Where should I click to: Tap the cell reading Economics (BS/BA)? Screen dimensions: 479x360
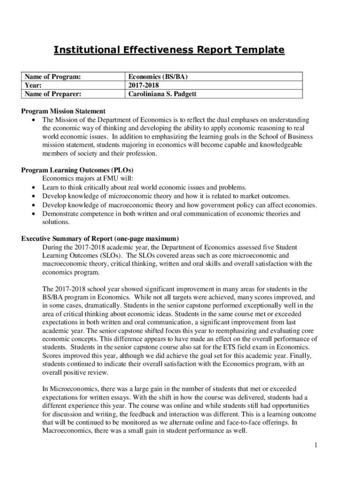coord(158,77)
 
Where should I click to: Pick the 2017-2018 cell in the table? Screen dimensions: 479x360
coord(144,85)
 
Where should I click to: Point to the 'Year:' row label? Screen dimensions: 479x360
coord(34,85)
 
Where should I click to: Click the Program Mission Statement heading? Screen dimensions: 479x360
coord(63,111)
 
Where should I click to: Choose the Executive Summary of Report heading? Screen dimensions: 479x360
coord(100,238)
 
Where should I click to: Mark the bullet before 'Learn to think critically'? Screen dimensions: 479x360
coord(34,188)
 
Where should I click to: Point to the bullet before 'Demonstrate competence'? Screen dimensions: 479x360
coord(34,214)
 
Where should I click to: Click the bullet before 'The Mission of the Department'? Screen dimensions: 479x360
coord(34,120)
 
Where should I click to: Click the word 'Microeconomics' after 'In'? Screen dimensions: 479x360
coord(73,388)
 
